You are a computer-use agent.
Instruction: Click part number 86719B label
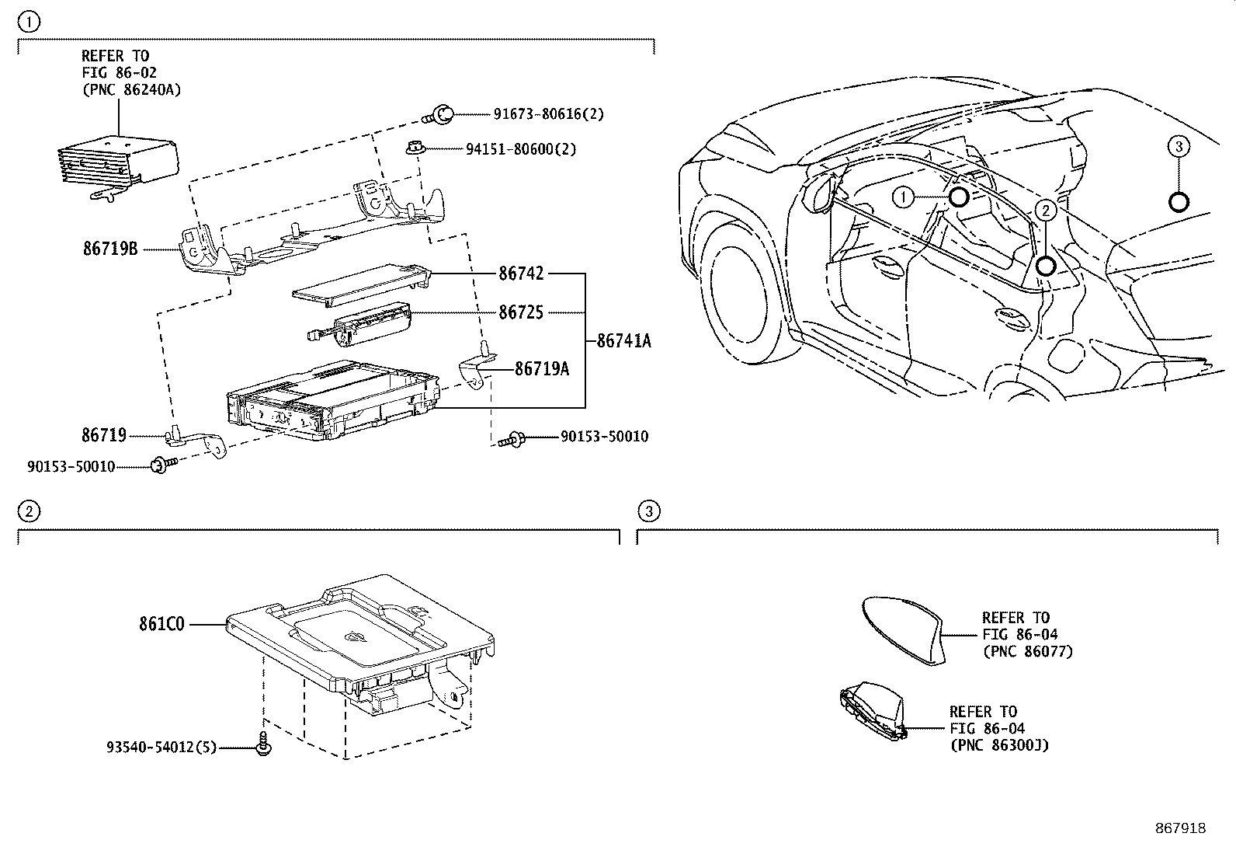click(110, 249)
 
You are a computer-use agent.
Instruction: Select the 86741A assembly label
click(623, 340)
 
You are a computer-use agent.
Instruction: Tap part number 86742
click(521, 274)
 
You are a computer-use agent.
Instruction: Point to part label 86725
click(521, 312)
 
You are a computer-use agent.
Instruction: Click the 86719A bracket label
click(542, 369)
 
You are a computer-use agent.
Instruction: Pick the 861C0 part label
click(162, 623)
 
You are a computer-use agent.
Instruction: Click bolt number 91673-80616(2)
click(548, 114)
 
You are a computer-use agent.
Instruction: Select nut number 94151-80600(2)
click(521, 148)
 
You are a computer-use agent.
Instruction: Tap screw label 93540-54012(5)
click(161, 748)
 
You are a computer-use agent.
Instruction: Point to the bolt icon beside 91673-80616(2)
click(441, 115)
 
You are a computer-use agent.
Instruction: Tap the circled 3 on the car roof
click(1178, 146)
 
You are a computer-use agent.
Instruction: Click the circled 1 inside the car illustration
click(903, 198)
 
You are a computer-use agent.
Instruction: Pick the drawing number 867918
click(1179, 828)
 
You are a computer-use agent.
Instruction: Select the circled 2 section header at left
click(28, 511)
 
